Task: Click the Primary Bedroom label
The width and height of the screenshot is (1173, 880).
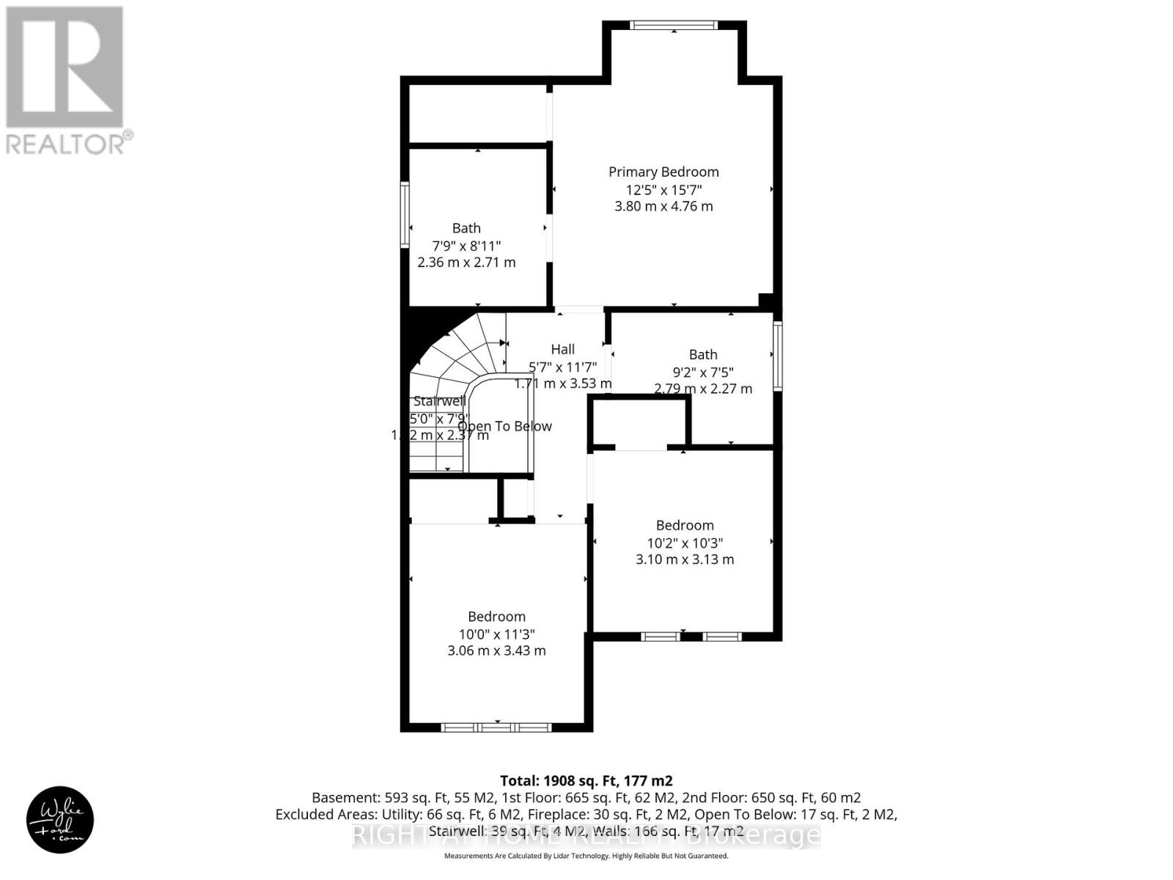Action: point(663,172)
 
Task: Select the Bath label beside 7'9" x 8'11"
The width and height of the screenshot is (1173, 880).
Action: point(466,228)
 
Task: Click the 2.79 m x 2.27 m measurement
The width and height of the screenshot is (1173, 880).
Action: point(703,389)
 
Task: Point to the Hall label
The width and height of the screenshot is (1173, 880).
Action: point(563,349)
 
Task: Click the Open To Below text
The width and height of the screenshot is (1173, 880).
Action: point(504,426)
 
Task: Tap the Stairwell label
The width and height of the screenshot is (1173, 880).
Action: point(439,401)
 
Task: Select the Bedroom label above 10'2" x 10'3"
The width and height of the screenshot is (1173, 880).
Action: point(685,525)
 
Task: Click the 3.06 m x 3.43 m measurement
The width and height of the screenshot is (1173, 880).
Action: point(496,650)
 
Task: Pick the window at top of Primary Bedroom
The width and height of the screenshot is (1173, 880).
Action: point(674,26)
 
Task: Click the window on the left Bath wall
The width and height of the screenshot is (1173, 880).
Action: point(404,214)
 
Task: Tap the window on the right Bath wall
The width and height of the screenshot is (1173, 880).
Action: point(778,356)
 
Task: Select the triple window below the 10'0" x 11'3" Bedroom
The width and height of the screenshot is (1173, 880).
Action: point(496,727)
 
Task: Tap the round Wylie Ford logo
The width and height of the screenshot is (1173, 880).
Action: point(60,819)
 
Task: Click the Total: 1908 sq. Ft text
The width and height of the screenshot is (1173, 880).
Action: point(586,780)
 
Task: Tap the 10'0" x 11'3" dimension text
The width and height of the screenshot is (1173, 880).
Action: point(496,634)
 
